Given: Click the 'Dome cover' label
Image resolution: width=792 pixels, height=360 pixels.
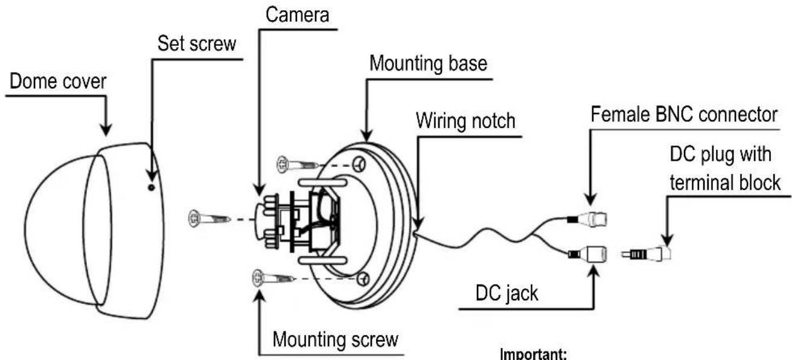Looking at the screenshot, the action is coord(57,82).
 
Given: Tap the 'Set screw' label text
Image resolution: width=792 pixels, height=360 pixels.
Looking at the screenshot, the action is coord(197,44).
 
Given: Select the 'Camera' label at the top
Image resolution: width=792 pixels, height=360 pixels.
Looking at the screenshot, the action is coord(298,15).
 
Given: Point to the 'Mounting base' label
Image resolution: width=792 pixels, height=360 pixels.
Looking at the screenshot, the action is coord(428,64).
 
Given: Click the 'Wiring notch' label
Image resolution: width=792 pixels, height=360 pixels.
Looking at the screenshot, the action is coord(465,121).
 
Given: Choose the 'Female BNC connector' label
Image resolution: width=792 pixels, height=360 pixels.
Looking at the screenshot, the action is coord(684,115).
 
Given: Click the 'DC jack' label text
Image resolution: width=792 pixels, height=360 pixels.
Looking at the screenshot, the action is coord(506,294).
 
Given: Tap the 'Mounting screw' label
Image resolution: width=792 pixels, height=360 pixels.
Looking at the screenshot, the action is coord(335,339).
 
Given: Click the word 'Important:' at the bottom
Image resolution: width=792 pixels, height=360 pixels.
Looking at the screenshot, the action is coord(534,353).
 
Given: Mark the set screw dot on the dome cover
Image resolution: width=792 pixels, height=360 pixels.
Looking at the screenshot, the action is coord(152,187).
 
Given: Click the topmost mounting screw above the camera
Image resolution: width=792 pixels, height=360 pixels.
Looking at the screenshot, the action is coord(297,164).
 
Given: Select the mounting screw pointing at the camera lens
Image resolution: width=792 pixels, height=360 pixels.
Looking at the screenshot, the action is coord(209,219).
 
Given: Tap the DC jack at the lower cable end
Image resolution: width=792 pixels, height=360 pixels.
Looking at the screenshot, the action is coord(587,254).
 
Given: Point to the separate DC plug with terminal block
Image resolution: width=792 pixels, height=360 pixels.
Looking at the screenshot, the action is coord(647,254).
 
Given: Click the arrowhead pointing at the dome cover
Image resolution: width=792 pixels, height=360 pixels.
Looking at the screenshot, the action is coord(106,130).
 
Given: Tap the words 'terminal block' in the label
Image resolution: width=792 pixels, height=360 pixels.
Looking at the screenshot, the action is coord(725,182).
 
